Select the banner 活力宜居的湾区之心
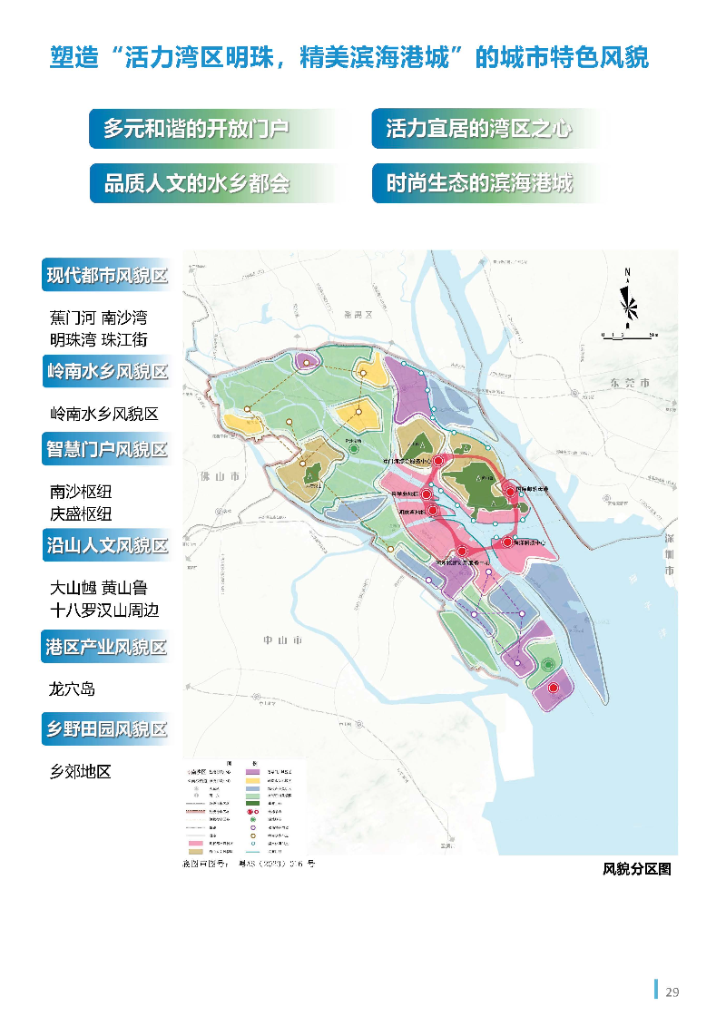pos(479,129)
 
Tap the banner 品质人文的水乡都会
pos(197,183)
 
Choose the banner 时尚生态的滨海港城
pos(479,183)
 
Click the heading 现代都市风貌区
pos(107,275)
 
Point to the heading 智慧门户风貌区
pos(107,449)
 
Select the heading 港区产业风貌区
pos(107,648)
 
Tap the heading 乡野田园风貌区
pos(107,728)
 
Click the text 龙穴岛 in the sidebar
pos(73,689)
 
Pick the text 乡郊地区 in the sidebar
pos(81,772)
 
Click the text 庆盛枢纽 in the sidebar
pos(81,513)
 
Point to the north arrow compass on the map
pos(628,299)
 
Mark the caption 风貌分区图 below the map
pos(637,869)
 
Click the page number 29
pos(672,992)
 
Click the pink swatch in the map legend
pos(198,843)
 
